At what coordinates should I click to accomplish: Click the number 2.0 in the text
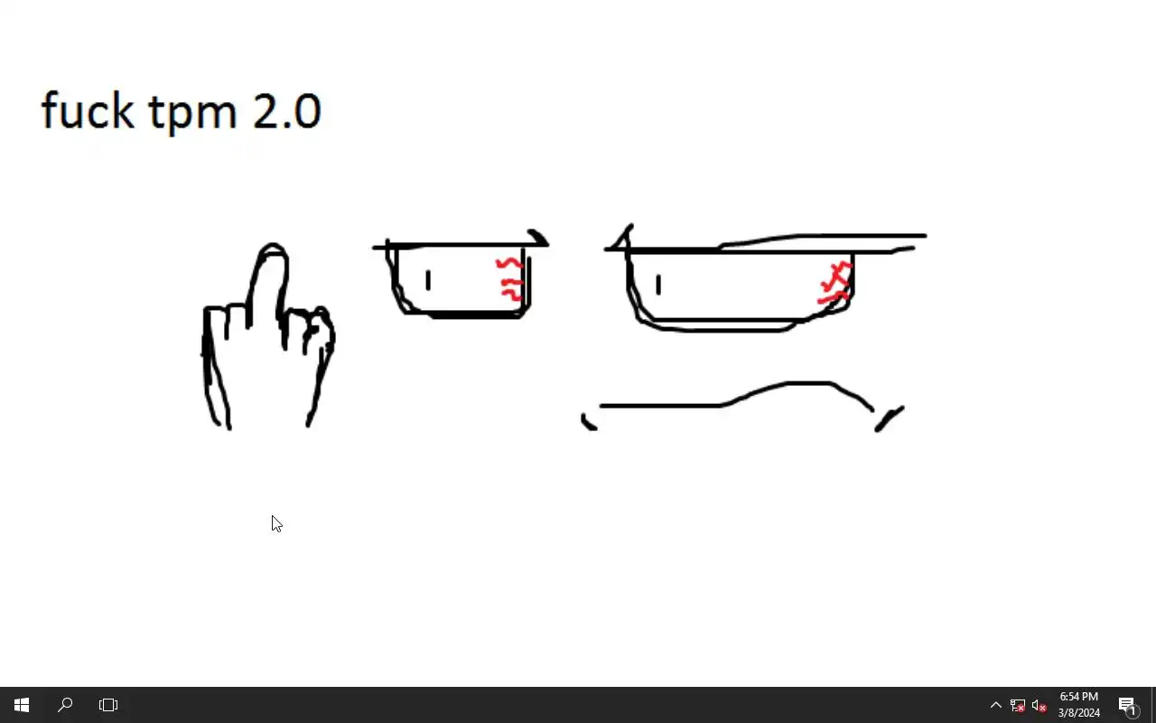(x=287, y=111)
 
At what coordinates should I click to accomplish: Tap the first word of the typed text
(x=88, y=109)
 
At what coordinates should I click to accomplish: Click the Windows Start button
(x=21, y=705)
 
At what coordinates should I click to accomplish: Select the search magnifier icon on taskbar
(x=65, y=705)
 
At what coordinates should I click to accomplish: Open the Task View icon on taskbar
(x=107, y=705)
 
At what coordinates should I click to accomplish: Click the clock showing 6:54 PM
(x=1078, y=697)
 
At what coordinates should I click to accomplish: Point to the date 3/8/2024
(x=1078, y=713)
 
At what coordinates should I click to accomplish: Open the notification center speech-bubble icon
(x=1128, y=706)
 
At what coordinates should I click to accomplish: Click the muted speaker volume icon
(x=1039, y=706)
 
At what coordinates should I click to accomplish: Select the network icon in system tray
(x=1017, y=706)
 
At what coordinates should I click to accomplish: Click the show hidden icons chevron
(x=996, y=705)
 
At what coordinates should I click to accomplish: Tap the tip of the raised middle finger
(x=273, y=244)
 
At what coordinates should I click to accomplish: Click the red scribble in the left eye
(x=510, y=279)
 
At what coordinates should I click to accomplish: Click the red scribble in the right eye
(x=835, y=283)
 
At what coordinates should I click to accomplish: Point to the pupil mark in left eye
(x=428, y=280)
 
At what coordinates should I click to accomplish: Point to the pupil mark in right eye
(x=658, y=285)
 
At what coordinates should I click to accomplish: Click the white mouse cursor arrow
(x=276, y=523)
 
